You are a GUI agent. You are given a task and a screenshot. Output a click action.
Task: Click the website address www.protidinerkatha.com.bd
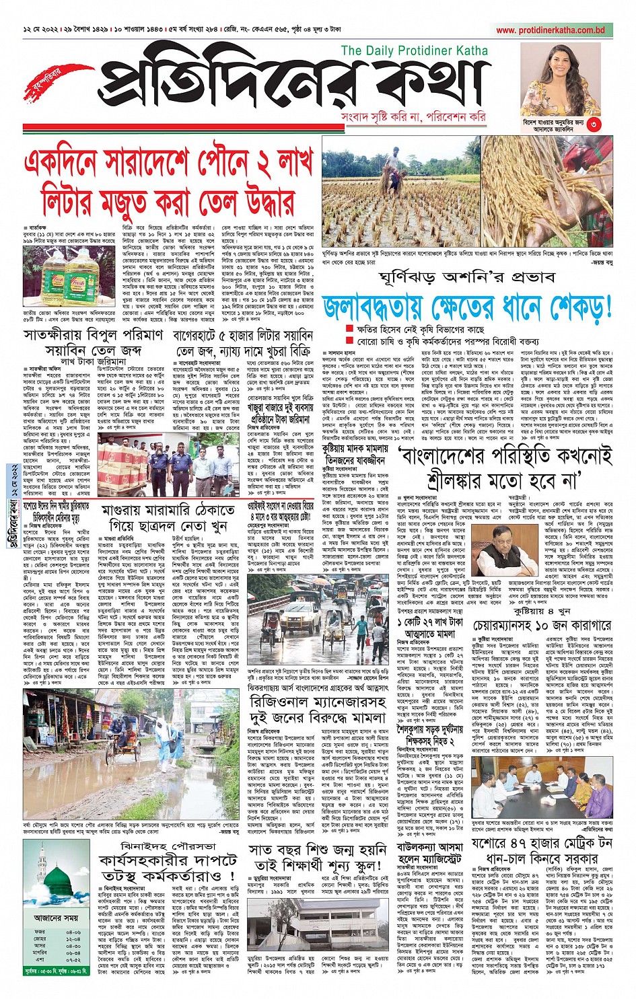(551, 30)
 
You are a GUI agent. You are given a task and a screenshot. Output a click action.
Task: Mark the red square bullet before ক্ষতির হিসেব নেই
(349, 329)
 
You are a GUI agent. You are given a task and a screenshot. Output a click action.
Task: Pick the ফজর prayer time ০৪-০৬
(74, 932)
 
